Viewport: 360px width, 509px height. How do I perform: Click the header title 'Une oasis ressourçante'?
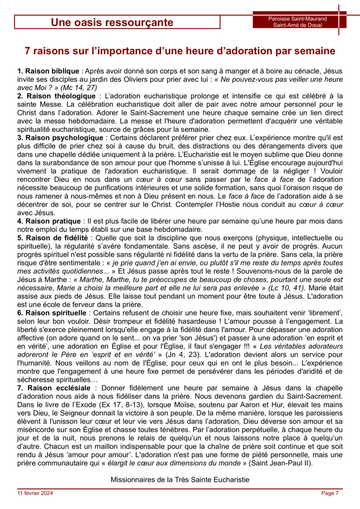pos(112,22)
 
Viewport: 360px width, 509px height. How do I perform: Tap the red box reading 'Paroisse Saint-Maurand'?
pos(298,19)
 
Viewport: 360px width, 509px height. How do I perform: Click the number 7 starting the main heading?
pos(28,51)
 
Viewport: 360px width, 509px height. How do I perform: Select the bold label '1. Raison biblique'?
pos(48,71)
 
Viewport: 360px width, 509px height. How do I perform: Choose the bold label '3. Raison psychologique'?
pos(60,138)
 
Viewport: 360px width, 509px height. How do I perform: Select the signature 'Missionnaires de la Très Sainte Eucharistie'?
pos(180,480)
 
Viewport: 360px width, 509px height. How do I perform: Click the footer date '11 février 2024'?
pos(35,493)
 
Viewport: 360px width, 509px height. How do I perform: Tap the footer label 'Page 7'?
pos(330,493)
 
